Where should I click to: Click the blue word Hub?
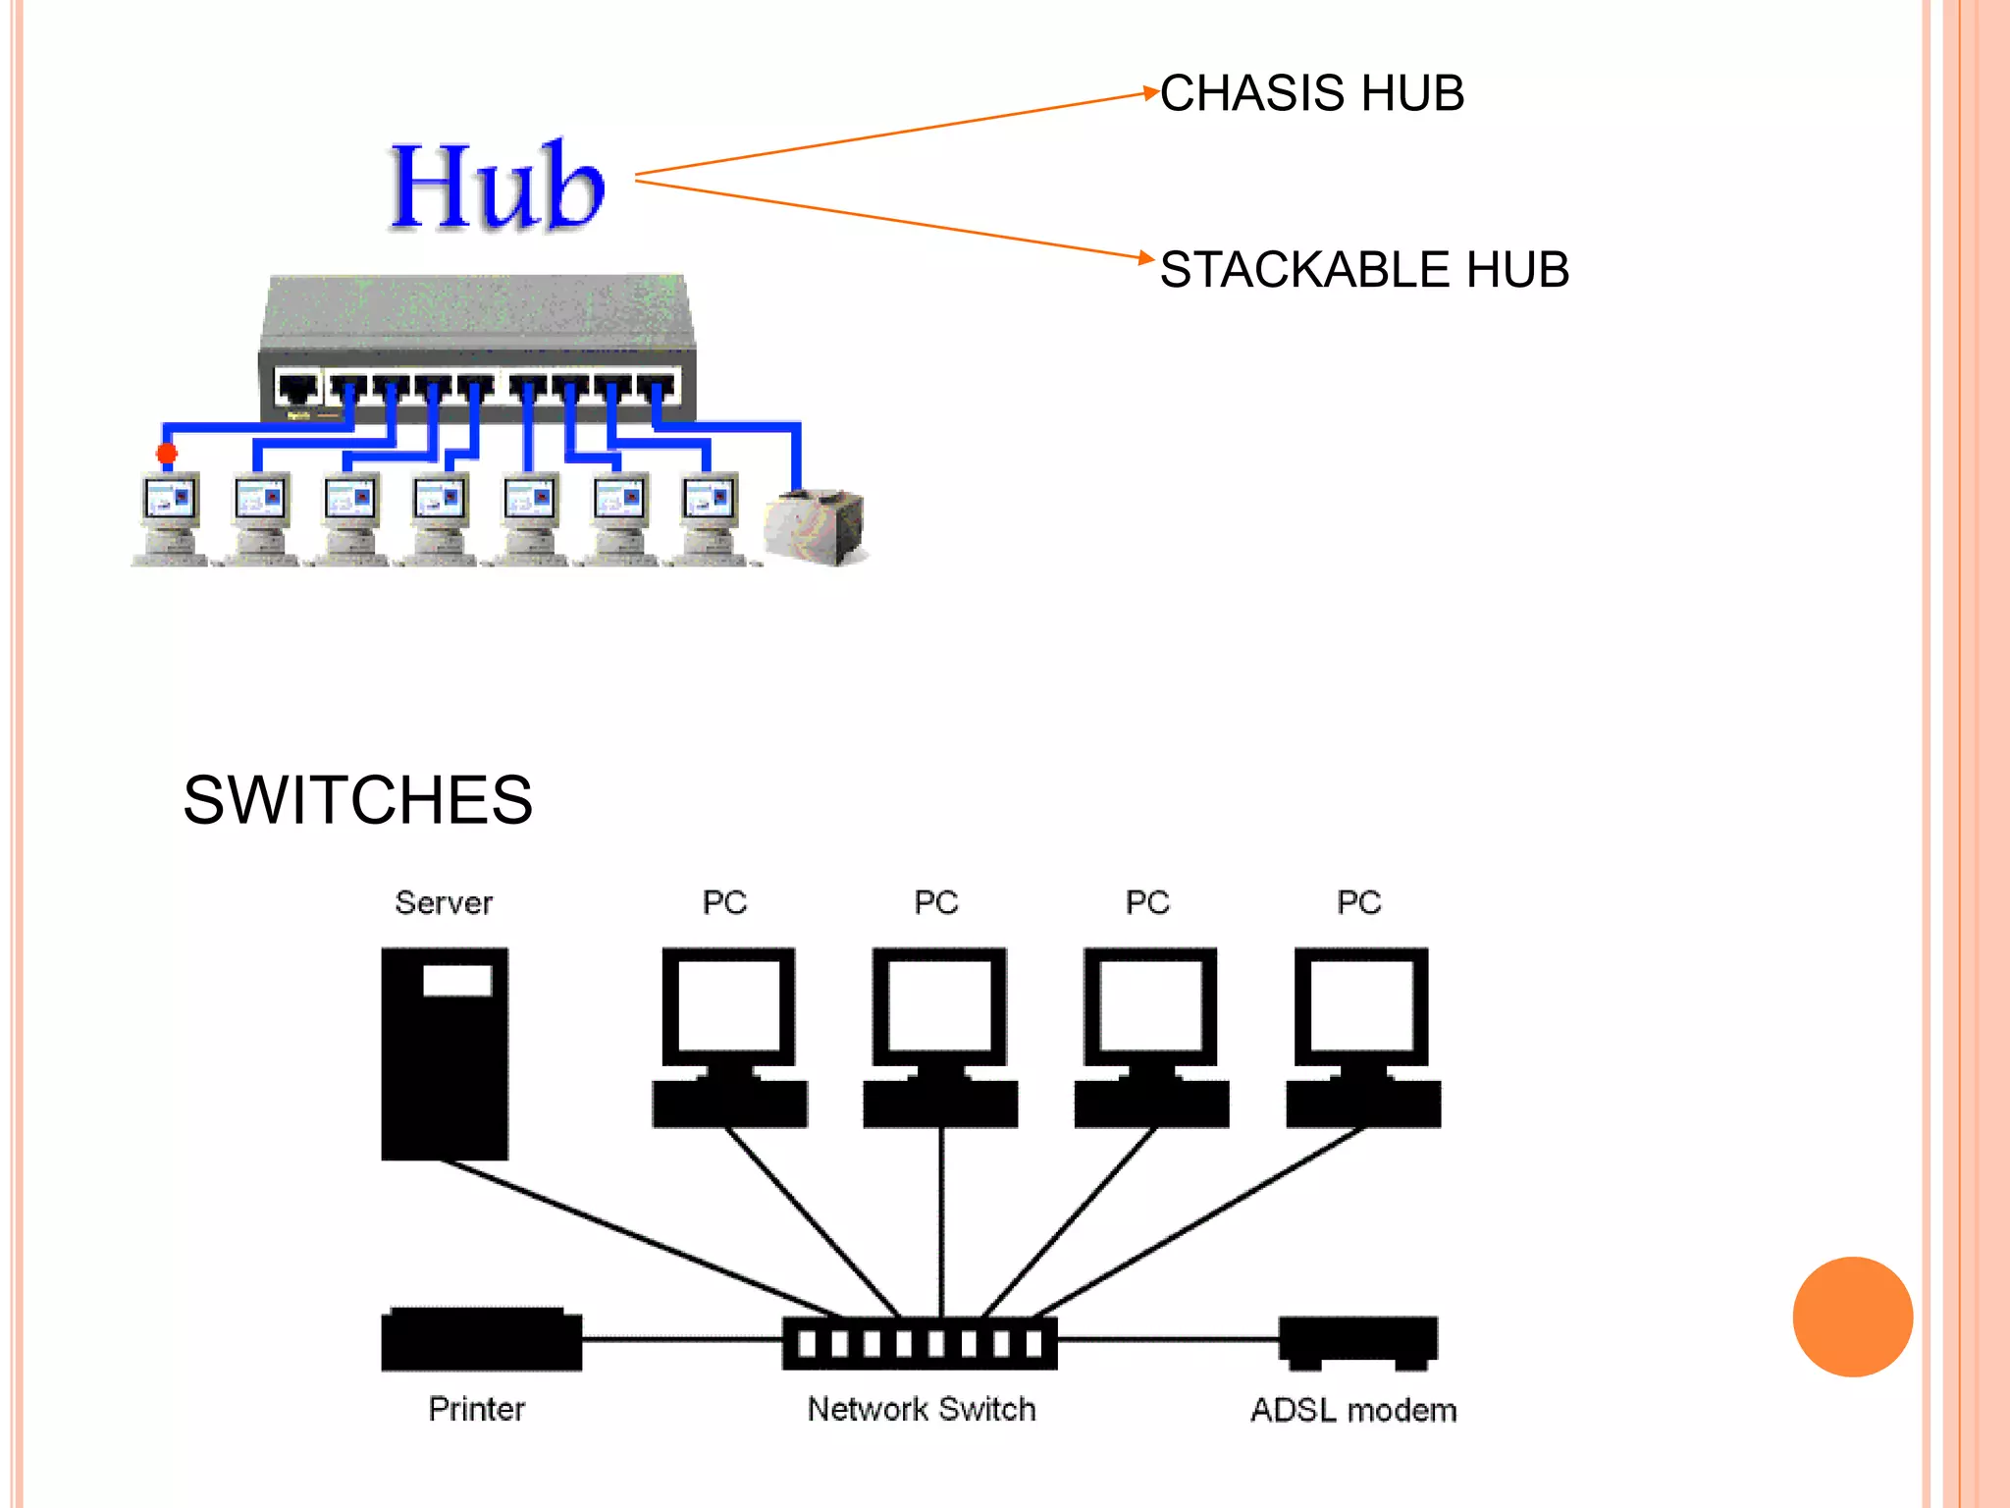click(497, 187)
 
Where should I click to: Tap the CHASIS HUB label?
click(1311, 94)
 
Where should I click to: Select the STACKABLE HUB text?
click(1364, 270)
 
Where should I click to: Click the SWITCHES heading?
click(357, 800)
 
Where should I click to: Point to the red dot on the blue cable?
click(167, 453)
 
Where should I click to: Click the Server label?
click(444, 902)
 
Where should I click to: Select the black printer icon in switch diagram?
click(481, 1339)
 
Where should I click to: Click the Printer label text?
click(477, 1410)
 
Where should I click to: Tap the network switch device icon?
click(920, 1343)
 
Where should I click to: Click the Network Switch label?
click(921, 1410)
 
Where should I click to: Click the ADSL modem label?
click(1353, 1411)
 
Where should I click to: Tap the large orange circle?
click(1852, 1317)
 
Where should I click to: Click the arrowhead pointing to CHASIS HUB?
click(1151, 93)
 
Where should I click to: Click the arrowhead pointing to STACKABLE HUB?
click(1147, 257)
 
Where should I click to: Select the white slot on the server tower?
click(457, 980)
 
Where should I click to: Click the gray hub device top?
click(478, 309)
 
